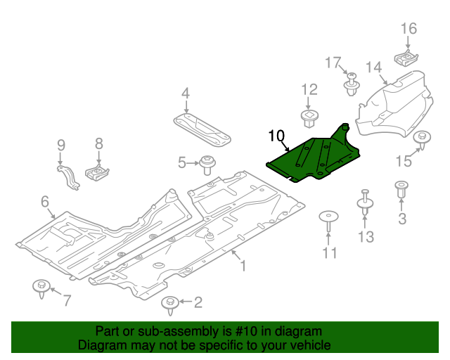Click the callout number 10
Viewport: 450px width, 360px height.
click(276, 135)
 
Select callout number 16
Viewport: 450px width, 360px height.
click(409, 29)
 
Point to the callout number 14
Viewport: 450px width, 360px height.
click(373, 67)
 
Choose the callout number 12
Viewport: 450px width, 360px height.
click(310, 89)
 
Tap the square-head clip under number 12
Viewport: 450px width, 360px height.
click(309, 116)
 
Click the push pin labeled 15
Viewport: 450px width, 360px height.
click(423, 140)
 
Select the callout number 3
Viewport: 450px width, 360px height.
click(402, 219)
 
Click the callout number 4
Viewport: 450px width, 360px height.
click(186, 93)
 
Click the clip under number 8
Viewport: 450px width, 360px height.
click(96, 171)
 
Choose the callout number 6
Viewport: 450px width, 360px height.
click(45, 202)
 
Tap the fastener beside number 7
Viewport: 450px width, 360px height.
click(41, 288)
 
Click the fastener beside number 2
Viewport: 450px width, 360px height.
click(169, 304)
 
